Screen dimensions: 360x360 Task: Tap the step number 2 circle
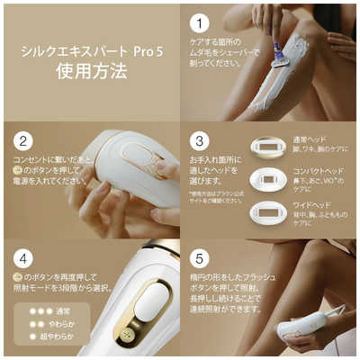tap(23, 142)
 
